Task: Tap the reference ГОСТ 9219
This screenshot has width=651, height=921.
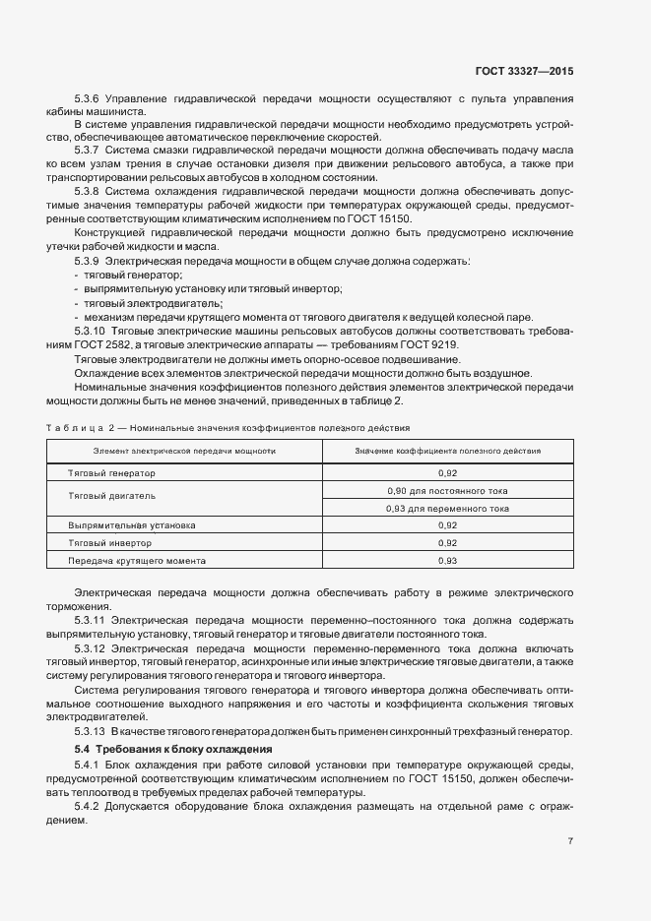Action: [x=428, y=344]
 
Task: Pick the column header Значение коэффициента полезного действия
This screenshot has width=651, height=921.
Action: [x=447, y=451]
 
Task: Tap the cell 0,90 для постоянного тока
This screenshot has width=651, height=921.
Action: [x=447, y=490]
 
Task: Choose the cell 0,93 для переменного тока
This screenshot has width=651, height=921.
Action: [x=447, y=509]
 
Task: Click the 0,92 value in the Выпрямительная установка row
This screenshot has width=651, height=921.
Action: [x=447, y=525]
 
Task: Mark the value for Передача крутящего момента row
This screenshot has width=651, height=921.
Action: [x=447, y=560]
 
